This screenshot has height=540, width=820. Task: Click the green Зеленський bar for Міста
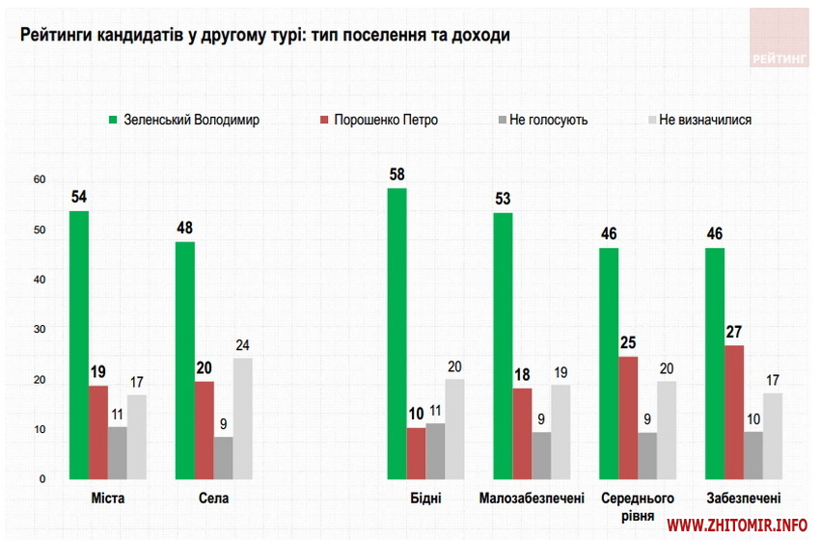(x=79, y=345)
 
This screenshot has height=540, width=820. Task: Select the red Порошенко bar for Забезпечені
(x=734, y=413)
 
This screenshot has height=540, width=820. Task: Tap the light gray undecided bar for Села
(x=242, y=418)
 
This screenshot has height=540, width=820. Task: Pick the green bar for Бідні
(x=396, y=334)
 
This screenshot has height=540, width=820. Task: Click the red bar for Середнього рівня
(x=628, y=418)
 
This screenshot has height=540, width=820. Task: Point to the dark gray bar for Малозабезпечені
(x=541, y=455)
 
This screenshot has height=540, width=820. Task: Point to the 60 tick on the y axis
(x=40, y=180)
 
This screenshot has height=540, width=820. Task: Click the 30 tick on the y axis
(x=40, y=330)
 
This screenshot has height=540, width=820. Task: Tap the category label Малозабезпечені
(x=532, y=499)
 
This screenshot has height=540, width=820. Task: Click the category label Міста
(x=107, y=499)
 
